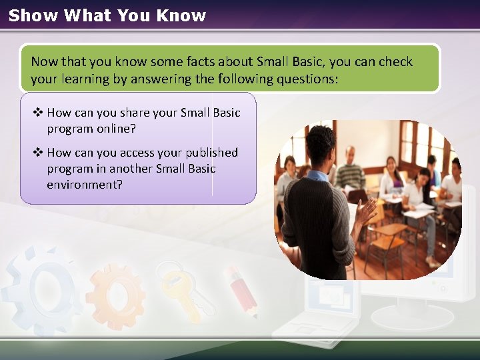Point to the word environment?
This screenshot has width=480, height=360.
(85, 184)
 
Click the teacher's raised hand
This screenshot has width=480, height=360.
(366, 212)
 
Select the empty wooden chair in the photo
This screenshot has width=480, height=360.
(385, 243)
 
